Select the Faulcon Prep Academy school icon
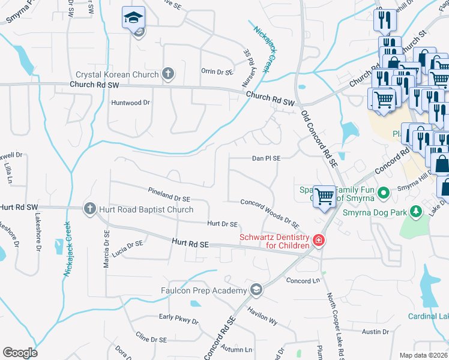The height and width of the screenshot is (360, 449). tap(256, 290)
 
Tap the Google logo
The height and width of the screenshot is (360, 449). tap(20, 353)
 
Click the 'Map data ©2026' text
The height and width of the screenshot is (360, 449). tap(423, 355)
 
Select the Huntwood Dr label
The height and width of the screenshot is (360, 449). tap(130, 103)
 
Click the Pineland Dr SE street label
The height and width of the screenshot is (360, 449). tap(169, 194)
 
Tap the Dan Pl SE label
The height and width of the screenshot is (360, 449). tap(266, 158)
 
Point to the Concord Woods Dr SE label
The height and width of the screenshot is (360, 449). tap(270, 213)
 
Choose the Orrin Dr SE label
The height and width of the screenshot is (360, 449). tap(216, 71)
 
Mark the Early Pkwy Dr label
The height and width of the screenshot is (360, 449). tap(178, 318)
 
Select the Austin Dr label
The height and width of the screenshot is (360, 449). tap(376, 331)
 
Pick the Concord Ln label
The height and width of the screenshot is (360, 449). tap(303, 280)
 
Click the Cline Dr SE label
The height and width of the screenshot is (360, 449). tap(151, 338)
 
